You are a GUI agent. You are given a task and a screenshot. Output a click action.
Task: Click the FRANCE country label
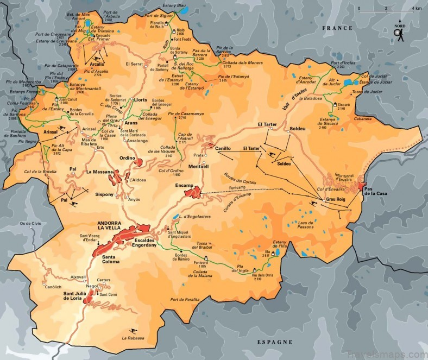pyautogui.click(x=338, y=28)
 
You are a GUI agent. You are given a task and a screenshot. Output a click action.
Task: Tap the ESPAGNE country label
pyautogui.click(x=274, y=342)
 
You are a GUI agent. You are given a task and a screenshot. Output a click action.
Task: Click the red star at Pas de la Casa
pyautogui.click(x=362, y=186)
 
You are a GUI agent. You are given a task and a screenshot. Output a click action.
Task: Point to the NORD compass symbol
pyautogui.click(x=400, y=34)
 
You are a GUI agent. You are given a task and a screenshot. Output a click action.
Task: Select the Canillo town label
pyautogui.click(x=223, y=148)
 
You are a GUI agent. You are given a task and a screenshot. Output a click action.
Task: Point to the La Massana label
pyautogui.click(x=98, y=172)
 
